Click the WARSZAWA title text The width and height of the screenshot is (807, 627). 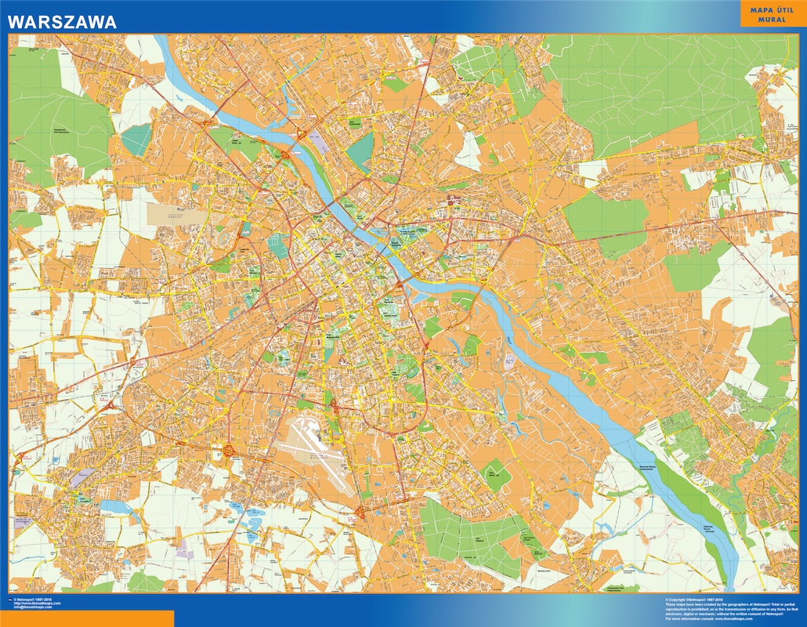pos(62,21)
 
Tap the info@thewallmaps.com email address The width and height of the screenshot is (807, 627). pos(36,607)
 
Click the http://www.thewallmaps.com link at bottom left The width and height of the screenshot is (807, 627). pos(38,603)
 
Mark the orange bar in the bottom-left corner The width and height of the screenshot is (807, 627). pos(86,619)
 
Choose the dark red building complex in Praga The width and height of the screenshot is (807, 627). pos(452,204)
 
